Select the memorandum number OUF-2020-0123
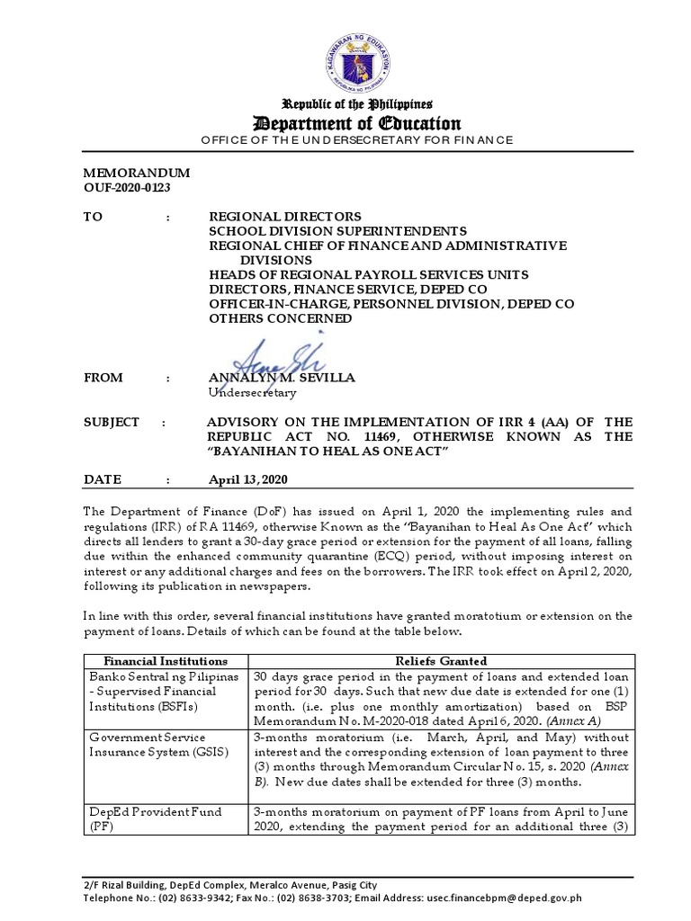click(127, 187)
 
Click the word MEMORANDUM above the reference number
click(132, 172)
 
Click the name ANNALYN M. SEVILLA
click(282, 378)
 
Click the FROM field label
click(104, 379)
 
